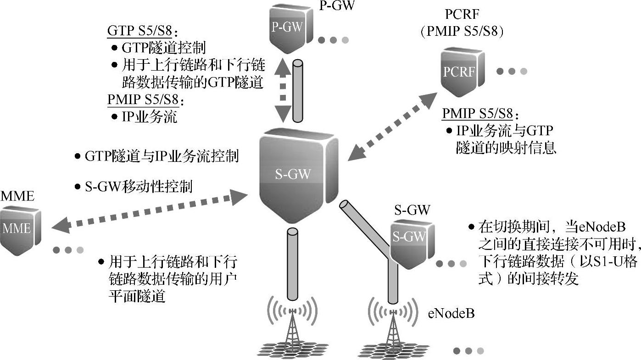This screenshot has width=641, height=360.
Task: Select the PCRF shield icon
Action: tap(459, 72)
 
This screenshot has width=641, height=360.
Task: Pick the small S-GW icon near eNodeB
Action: tap(410, 238)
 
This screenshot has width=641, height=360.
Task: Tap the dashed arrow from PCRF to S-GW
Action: tap(392, 126)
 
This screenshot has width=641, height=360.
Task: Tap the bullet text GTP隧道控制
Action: tap(163, 47)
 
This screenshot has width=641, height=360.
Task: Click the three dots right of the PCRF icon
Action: tap(512, 71)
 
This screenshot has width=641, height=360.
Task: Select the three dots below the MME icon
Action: tap(68, 250)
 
